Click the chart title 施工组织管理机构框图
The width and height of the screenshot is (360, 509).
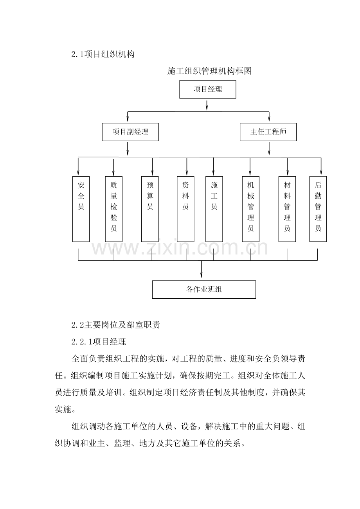tap(209, 71)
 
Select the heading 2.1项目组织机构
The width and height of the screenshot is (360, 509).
tap(103, 54)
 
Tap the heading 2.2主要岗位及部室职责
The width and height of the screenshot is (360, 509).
tap(115, 325)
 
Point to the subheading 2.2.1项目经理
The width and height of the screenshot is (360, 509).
tap(99, 342)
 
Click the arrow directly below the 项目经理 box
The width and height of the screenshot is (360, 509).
tap(207, 105)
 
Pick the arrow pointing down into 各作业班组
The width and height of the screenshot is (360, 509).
tap(201, 269)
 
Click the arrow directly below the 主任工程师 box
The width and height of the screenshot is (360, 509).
tap(269, 149)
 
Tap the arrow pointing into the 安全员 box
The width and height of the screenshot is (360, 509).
tap(78, 167)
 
